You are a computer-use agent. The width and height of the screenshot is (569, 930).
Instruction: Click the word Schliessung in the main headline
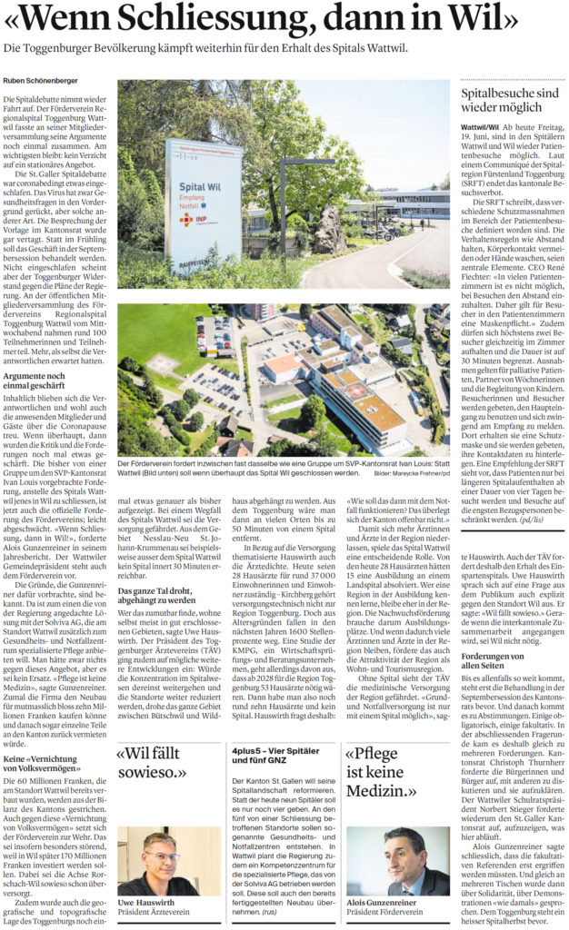225,19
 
